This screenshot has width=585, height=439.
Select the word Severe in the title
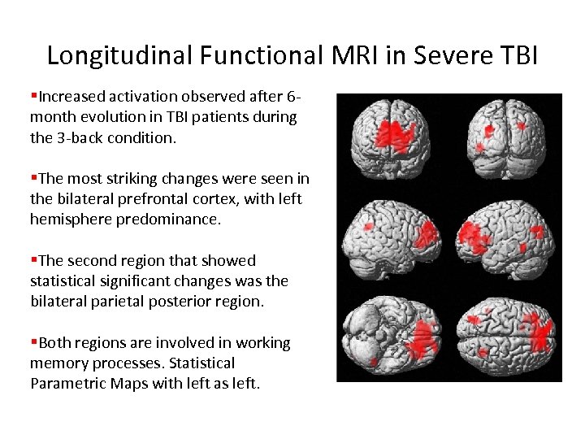444,54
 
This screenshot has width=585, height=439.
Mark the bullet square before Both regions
33,342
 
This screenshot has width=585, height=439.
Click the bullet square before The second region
33,260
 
